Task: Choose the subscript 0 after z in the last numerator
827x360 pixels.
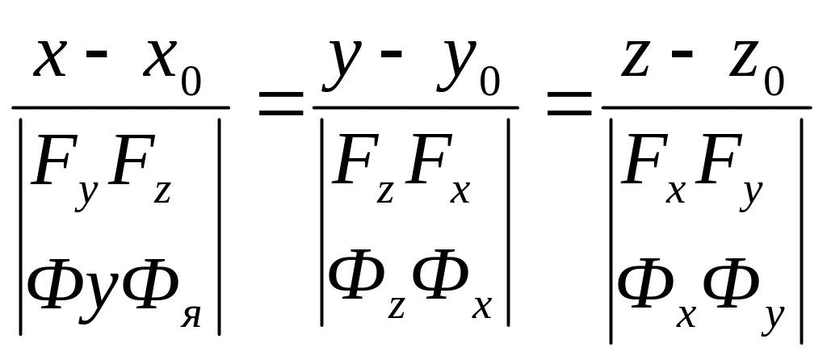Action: tap(775, 83)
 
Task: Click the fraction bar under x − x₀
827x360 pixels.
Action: tap(120, 107)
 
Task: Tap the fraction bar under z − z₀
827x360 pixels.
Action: tap(706, 107)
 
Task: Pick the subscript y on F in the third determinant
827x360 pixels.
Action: tap(752, 195)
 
